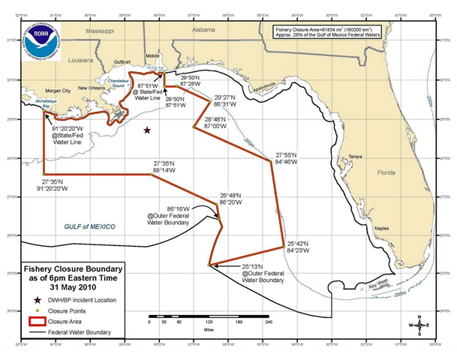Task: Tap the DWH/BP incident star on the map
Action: (147, 130)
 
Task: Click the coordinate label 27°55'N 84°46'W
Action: (290, 156)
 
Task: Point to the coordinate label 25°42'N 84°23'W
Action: (300, 247)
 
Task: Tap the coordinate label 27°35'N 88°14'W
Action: (170, 166)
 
